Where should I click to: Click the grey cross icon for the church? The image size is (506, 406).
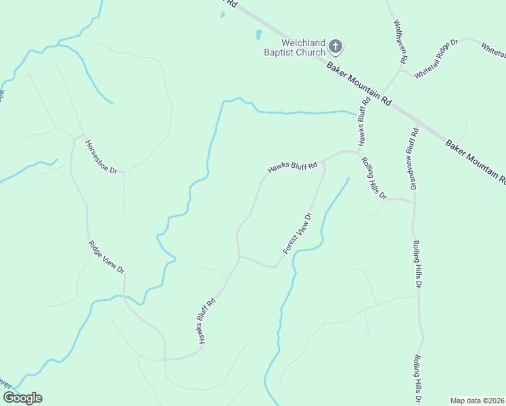point(336,47)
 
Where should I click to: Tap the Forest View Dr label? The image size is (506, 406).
point(297,233)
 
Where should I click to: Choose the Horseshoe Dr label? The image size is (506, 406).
point(101,157)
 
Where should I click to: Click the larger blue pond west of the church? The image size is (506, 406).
point(258,35)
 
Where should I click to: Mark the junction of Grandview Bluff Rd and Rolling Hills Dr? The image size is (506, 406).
point(414,201)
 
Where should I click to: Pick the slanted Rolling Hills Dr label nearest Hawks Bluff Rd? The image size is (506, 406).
point(373,179)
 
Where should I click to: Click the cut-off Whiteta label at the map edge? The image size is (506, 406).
point(493,49)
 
